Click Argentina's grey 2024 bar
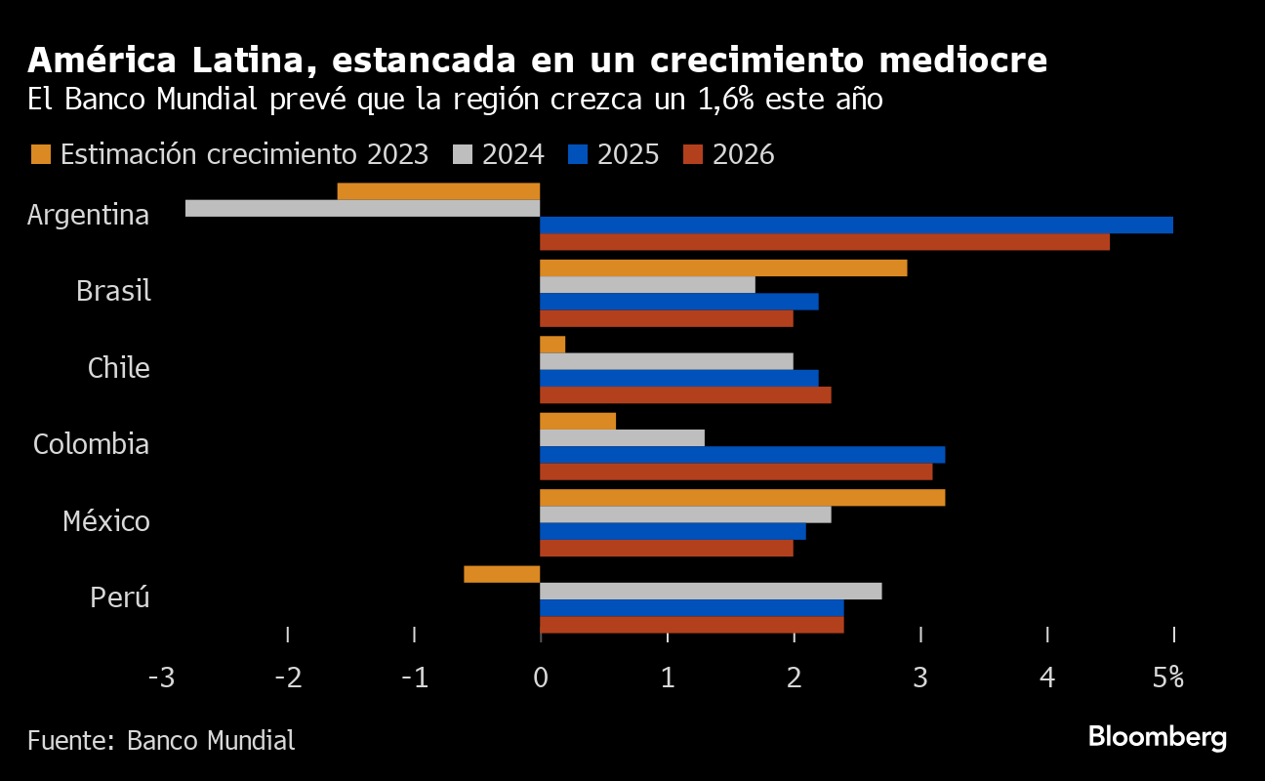362,208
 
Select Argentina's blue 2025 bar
856,226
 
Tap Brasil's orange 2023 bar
723,268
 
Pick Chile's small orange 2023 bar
552,345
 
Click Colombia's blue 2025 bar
742,455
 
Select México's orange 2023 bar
742,498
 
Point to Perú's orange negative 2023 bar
502,574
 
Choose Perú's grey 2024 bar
711,592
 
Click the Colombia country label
91,445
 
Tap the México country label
106,521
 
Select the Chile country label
118,369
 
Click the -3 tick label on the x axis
160,678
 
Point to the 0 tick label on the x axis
541,678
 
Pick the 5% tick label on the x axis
1167,678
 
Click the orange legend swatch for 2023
41,154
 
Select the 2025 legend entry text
628,154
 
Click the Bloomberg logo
1157,737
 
